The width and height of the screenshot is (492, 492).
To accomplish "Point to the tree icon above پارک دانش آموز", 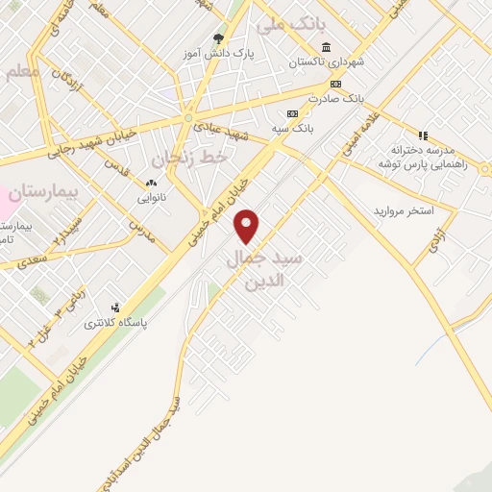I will [x=219, y=39].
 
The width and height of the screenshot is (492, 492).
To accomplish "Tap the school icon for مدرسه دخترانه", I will [x=422, y=135].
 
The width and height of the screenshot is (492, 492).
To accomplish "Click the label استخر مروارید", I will [x=404, y=209].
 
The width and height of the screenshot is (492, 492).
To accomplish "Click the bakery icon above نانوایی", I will [x=151, y=182].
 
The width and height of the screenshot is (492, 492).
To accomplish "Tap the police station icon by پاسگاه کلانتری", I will [x=115, y=307].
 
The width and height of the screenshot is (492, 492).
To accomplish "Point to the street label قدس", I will [x=117, y=170].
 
